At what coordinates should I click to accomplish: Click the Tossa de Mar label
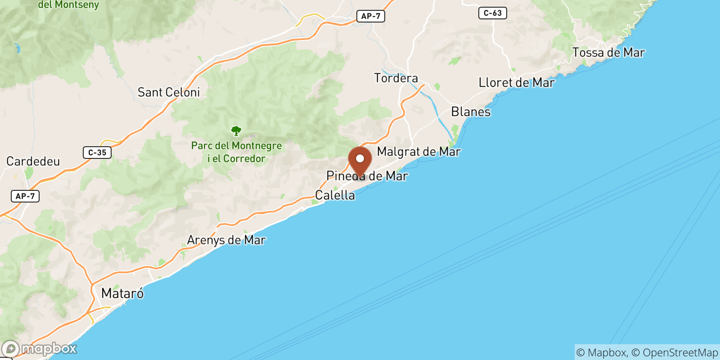[608, 53]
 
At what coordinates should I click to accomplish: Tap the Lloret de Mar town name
[516, 83]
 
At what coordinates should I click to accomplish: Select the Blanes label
[471, 112]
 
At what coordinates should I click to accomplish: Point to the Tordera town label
[396, 78]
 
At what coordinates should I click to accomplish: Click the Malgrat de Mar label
[418, 152]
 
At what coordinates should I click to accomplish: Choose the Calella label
[335, 195]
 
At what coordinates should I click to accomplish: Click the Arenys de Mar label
[226, 240]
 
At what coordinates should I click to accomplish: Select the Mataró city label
[122, 293]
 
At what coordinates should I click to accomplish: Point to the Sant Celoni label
[169, 92]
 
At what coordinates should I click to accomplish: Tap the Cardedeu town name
[33, 162]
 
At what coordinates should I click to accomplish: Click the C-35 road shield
[97, 153]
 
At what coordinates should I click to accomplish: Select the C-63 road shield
[492, 13]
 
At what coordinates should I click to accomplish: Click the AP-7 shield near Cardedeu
[25, 196]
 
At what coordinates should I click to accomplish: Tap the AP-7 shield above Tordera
[371, 16]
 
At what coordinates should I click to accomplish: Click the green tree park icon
[236, 131]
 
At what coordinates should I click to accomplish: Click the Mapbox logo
[40, 349]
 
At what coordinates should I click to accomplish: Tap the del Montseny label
[68, 5]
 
